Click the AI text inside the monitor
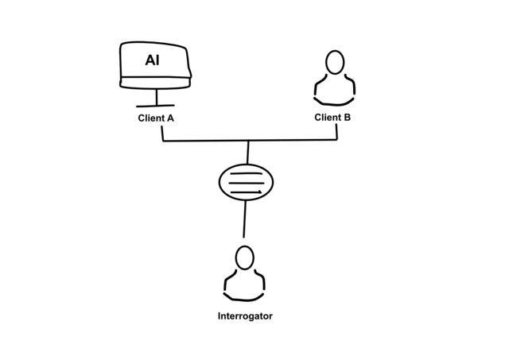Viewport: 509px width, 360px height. tap(152, 60)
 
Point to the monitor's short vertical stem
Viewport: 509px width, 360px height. tap(156, 96)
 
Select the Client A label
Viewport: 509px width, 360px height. tap(156, 118)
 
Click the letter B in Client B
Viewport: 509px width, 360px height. tap(347, 118)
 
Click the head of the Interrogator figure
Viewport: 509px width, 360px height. tap(245, 257)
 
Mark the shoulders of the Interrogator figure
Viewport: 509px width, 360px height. tap(245, 285)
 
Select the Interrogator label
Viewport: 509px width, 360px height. tap(245, 316)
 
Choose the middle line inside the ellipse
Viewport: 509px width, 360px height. tap(246, 183)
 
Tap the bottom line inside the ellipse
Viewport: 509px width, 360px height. tap(246, 192)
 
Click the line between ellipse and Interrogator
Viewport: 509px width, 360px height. tap(245, 219)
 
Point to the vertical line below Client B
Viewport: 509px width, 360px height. tap(336, 132)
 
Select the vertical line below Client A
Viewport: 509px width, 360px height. tap(163, 133)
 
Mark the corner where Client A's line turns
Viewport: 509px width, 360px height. tap(163, 141)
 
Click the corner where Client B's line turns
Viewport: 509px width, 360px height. tap(337, 140)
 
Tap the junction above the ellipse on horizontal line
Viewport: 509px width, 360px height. tap(249, 141)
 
